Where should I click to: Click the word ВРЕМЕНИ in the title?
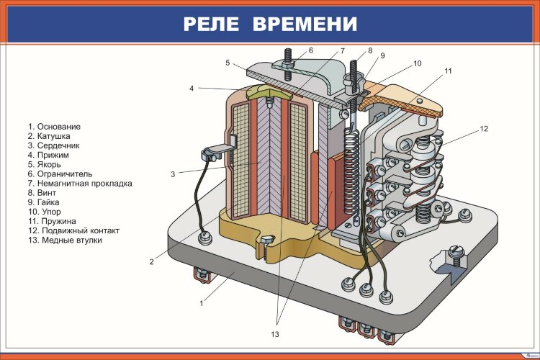click(304, 24)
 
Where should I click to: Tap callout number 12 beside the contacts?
click(484, 129)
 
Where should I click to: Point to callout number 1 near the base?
click(202, 302)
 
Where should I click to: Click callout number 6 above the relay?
click(312, 50)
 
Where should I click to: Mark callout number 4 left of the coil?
click(192, 89)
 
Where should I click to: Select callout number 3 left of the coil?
click(173, 174)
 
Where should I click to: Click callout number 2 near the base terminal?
click(152, 262)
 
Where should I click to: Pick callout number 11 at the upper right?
click(447, 71)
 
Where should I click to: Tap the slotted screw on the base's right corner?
click(456, 252)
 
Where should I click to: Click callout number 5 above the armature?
click(227, 63)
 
